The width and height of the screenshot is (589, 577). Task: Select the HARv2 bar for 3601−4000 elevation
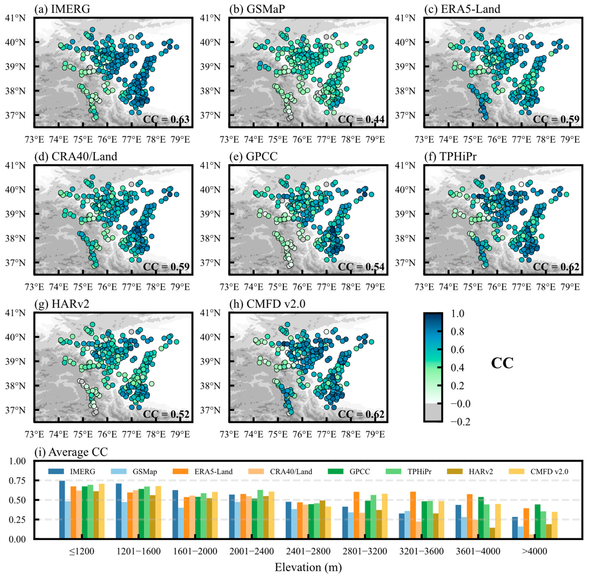tap(492, 533)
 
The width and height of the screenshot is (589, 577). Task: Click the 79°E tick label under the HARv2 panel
tap(180, 434)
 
